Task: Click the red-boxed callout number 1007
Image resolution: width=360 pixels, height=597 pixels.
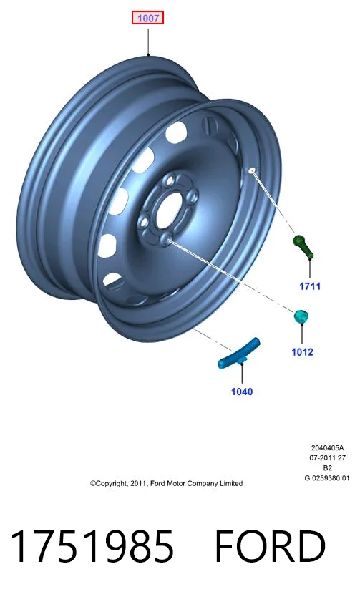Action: [x=147, y=18]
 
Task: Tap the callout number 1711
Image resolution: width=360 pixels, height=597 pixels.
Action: [x=310, y=286]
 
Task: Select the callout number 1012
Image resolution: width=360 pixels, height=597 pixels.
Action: [x=303, y=351]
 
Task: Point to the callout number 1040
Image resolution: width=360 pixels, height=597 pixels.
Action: [x=242, y=392]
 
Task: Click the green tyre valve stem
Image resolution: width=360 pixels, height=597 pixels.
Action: [x=303, y=246]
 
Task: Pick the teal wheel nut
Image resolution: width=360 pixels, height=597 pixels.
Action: [x=301, y=316]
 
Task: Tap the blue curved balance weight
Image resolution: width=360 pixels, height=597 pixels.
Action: [x=239, y=353]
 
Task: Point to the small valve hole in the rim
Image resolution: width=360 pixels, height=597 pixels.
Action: [x=251, y=170]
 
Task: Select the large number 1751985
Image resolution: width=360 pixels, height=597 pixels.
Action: [x=92, y=546]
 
